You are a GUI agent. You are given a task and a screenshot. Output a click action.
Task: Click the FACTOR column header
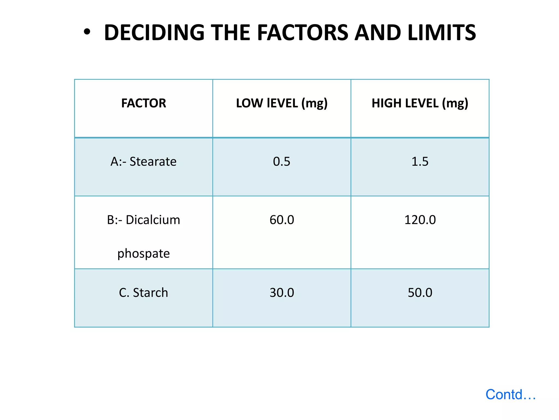[144, 103]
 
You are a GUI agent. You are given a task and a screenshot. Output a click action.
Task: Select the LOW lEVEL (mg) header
[282, 103]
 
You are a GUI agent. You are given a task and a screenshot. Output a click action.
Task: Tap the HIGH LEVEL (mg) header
[420, 103]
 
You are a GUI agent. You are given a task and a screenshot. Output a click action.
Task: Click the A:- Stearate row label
[144, 162]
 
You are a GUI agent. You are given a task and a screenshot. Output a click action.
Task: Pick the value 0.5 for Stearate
[282, 162]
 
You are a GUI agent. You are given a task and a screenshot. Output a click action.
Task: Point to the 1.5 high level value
[420, 162]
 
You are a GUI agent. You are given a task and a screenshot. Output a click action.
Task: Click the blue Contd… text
[510, 395]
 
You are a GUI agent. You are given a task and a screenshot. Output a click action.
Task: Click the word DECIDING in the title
[154, 33]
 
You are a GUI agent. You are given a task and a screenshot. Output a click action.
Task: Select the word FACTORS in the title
[303, 33]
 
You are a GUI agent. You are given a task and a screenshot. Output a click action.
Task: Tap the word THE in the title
[230, 33]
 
